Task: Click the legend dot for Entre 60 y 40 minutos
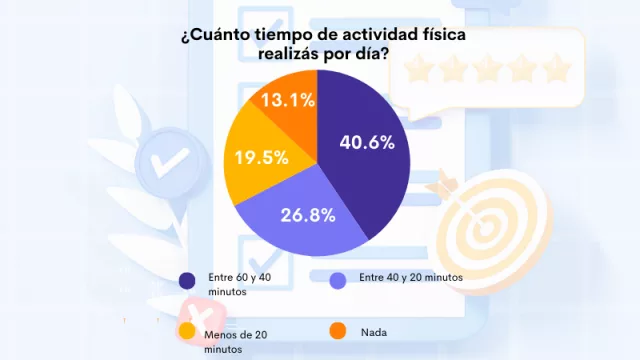tap(186, 279)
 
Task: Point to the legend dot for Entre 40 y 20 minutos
tap(337, 279)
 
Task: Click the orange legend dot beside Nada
tap(337, 330)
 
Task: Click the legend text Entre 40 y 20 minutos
tap(410, 277)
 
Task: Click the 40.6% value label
tap(367, 142)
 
